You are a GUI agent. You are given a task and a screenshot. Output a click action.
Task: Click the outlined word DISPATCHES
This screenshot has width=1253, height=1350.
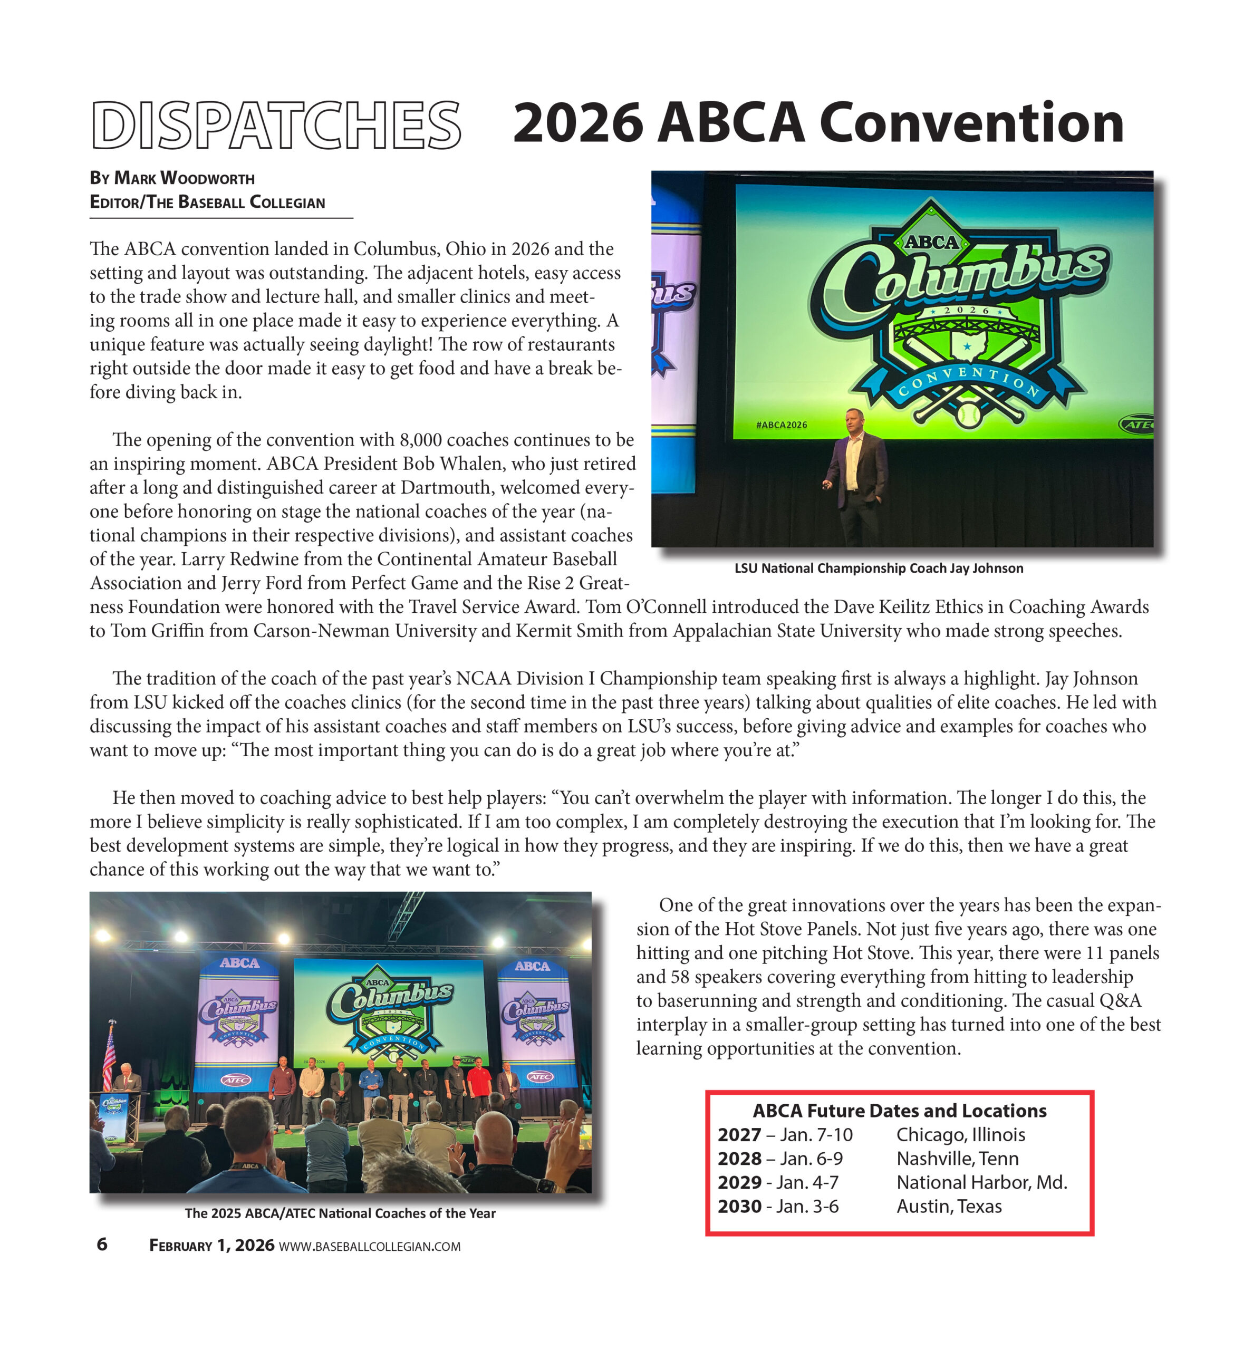click(x=276, y=126)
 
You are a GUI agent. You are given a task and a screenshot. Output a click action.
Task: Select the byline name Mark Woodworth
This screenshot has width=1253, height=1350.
click(x=185, y=178)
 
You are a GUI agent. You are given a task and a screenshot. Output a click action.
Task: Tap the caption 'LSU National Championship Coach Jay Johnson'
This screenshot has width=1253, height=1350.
click(x=879, y=568)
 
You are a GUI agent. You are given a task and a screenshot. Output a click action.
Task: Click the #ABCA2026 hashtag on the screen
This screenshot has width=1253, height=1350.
click(x=781, y=425)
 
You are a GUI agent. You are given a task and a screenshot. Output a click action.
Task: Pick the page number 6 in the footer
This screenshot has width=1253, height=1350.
click(x=102, y=1244)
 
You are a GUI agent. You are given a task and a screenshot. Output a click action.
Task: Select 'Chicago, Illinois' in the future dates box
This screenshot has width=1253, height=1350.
click(x=960, y=1134)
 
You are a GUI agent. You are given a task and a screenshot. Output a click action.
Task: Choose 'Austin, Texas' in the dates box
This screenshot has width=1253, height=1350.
click(x=949, y=1206)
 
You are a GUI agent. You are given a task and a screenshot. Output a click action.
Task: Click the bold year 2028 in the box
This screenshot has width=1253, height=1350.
click(x=739, y=1158)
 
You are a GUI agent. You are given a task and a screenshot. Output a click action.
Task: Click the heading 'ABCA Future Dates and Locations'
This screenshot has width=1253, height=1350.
click(x=899, y=1111)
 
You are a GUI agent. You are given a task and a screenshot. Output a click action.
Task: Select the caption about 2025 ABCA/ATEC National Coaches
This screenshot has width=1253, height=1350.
click(x=340, y=1213)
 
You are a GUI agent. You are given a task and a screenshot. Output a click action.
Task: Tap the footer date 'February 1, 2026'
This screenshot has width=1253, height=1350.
click(x=211, y=1246)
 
